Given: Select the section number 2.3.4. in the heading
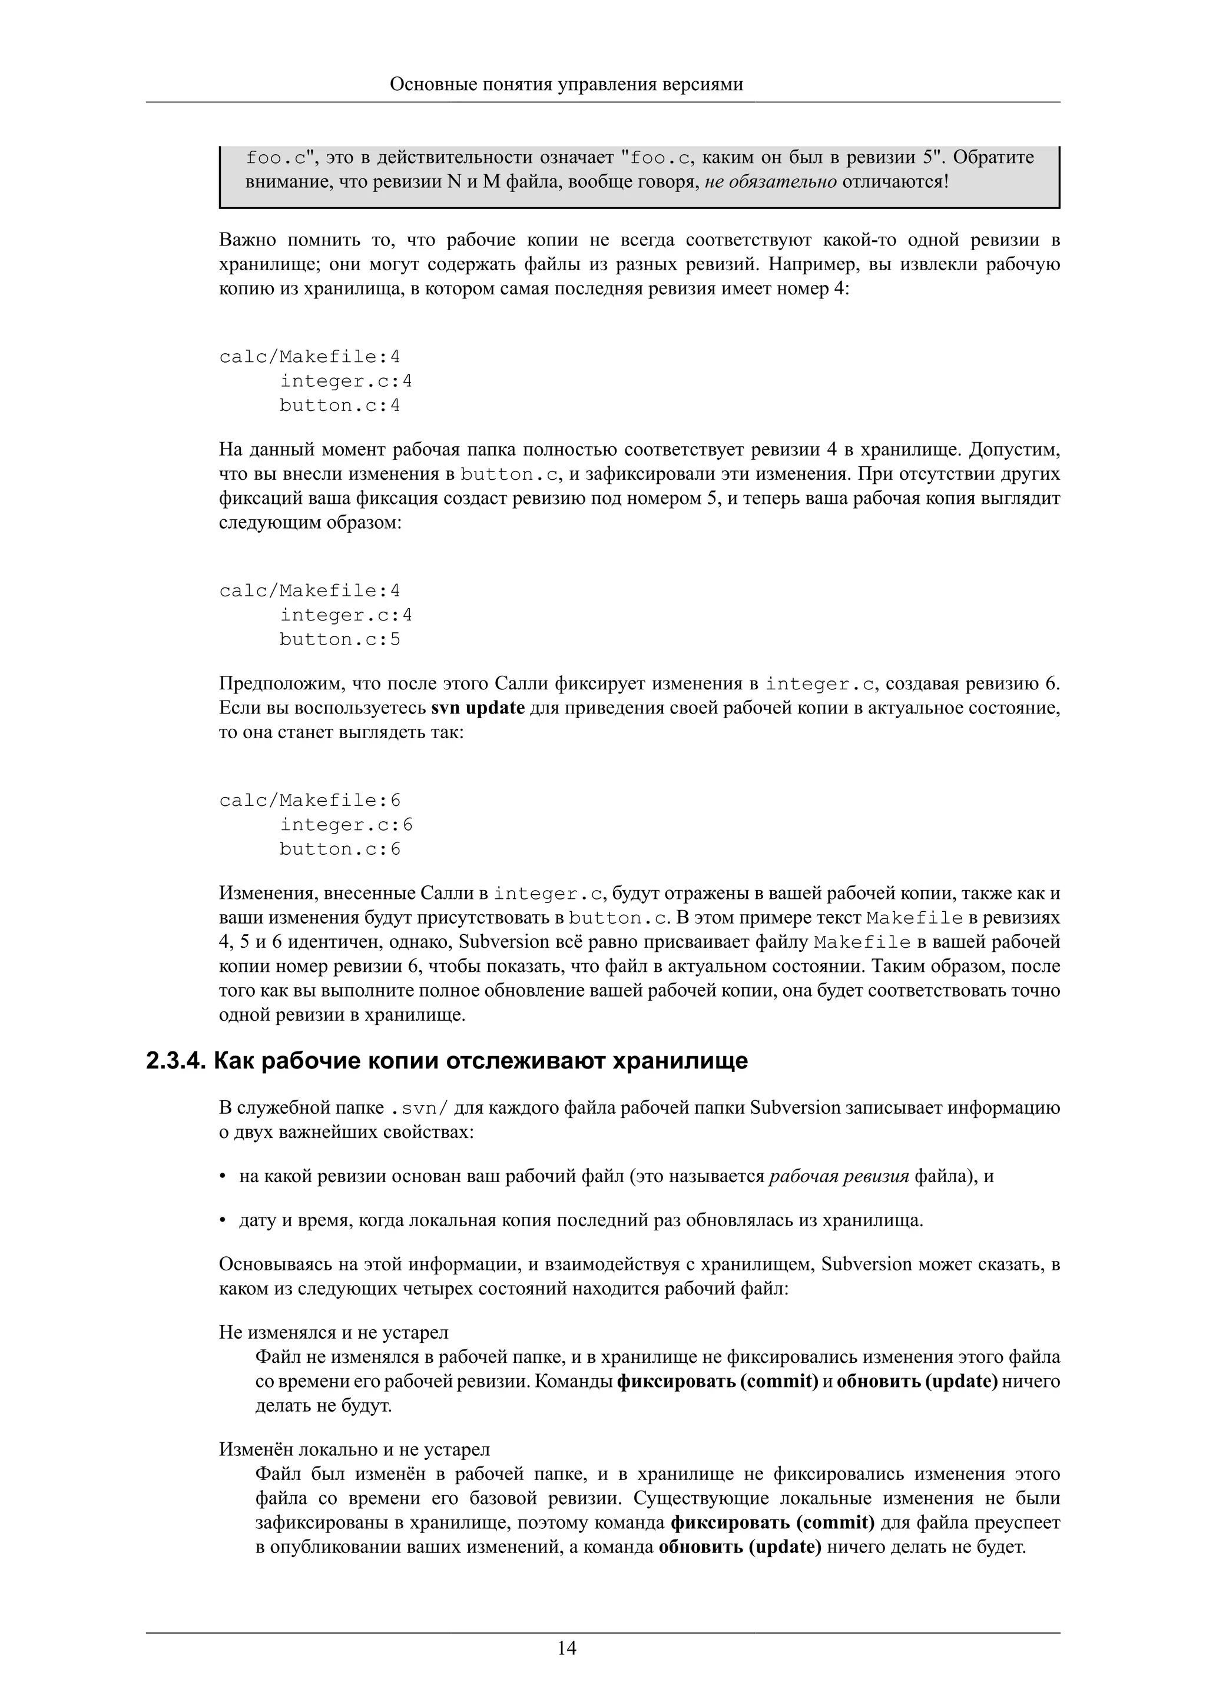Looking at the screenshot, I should tap(175, 1061).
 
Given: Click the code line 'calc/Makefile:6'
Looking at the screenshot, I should tap(310, 800).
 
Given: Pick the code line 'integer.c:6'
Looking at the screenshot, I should tap(346, 825).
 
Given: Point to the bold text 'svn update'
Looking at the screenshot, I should tap(478, 708).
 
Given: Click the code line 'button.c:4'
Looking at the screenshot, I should tap(340, 406).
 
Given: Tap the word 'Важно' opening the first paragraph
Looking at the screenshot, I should tap(247, 240).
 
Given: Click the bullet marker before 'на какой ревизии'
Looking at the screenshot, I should tap(222, 1177).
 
